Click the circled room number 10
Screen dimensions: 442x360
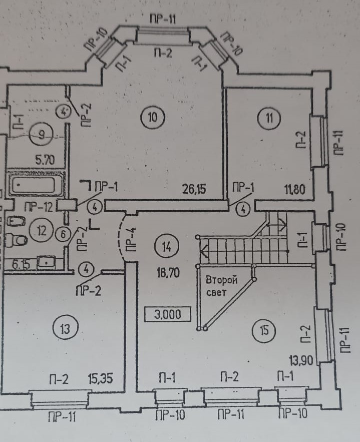[x=152, y=118]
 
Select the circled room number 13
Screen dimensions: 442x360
[x=62, y=329]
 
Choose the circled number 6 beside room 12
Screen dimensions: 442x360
[x=63, y=234]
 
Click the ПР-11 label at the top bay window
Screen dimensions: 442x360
[x=162, y=20]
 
